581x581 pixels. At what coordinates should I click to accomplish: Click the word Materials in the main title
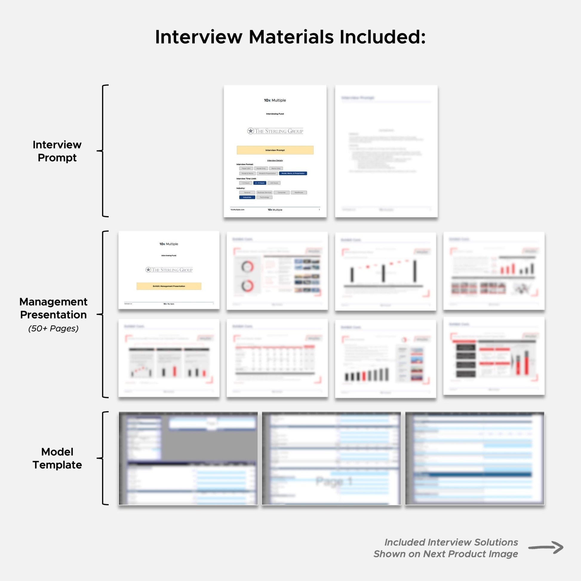(x=291, y=37)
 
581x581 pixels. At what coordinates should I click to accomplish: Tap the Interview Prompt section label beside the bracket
(x=57, y=151)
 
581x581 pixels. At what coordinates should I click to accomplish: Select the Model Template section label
(x=57, y=458)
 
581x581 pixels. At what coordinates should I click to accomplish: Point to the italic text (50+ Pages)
(x=53, y=328)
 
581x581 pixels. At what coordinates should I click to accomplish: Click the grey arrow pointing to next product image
(x=545, y=547)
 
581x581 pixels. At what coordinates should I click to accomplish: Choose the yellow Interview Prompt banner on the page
(x=275, y=150)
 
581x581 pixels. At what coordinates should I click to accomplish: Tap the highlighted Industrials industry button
(x=247, y=197)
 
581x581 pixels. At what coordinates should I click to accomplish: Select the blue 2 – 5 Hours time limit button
(x=259, y=183)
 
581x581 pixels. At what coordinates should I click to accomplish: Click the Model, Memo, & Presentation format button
(x=293, y=173)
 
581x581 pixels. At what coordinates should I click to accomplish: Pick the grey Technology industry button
(x=264, y=197)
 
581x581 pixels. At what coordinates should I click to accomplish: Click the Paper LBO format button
(x=246, y=168)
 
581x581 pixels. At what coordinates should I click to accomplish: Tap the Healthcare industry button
(x=299, y=193)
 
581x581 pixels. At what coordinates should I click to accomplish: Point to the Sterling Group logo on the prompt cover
(x=275, y=131)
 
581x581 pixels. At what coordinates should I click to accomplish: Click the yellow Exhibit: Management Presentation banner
(x=169, y=286)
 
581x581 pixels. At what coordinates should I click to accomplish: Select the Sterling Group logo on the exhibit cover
(x=169, y=270)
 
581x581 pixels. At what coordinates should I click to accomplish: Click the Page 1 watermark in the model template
(x=334, y=482)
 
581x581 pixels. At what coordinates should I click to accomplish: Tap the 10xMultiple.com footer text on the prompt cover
(x=237, y=210)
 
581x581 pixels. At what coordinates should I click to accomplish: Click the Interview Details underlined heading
(x=275, y=161)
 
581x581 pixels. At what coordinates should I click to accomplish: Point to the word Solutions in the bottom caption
(x=496, y=542)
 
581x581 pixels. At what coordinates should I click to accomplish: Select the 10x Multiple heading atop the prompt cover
(x=275, y=100)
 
